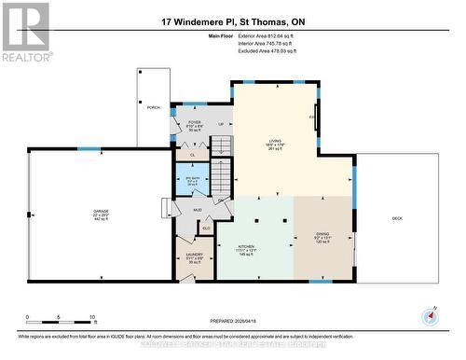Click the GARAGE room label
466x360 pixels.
click(x=101, y=212)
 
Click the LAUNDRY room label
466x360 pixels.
click(x=194, y=255)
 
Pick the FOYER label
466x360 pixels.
click(x=195, y=122)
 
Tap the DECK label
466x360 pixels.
click(x=396, y=218)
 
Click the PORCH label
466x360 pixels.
click(x=154, y=106)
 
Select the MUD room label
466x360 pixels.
click(x=198, y=211)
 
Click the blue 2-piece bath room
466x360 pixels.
click(x=193, y=179)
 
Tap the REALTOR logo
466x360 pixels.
click(x=25, y=32)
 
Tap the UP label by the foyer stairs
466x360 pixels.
click(x=220, y=123)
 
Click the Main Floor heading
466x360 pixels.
click(x=220, y=35)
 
